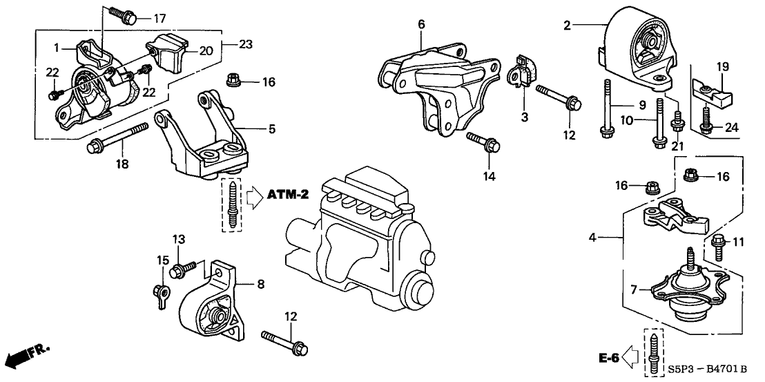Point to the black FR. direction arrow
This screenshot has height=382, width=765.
(21, 357)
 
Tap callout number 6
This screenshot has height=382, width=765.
(421, 24)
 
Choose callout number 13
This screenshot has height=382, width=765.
(179, 239)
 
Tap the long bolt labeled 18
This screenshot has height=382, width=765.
(117, 137)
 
